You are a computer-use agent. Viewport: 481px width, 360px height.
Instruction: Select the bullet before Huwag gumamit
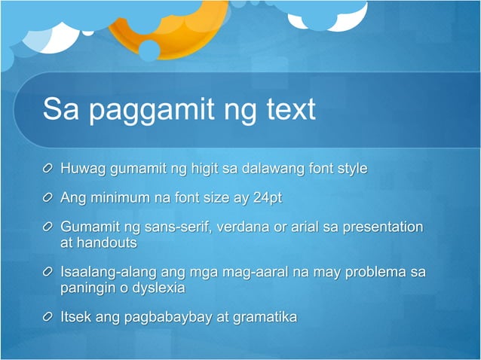[48, 169]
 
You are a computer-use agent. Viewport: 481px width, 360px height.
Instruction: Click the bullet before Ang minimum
[48, 198]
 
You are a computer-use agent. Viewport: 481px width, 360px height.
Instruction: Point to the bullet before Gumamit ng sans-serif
[48, 227]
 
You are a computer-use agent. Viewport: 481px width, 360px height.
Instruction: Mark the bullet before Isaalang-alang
[48, 272]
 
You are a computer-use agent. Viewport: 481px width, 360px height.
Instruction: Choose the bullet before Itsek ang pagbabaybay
[48, 317]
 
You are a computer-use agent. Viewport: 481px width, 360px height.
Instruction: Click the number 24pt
[267, 198]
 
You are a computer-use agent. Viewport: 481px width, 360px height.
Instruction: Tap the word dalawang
[273, 168]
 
